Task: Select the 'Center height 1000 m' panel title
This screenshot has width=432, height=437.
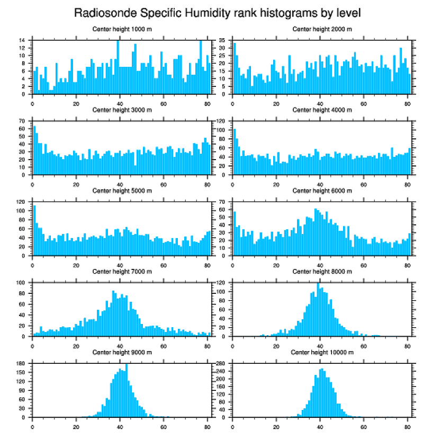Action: click(x=122, y=29)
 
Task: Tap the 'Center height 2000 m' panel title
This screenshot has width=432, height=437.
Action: click(x=322, y=29)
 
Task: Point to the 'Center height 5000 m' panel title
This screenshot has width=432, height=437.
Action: click(x=122, y=191)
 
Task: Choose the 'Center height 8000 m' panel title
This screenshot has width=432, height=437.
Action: click(x=322, y=272)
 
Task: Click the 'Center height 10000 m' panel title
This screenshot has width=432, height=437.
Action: click(x=322, y=352)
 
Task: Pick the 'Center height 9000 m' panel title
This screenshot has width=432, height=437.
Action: click(x=122, y=352)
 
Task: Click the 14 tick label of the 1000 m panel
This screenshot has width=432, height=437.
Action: click(x=22, y=40)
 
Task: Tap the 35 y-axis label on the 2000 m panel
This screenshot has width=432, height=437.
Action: click(x=222, y=40)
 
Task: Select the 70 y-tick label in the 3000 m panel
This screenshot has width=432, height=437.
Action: click(x=22, y=121)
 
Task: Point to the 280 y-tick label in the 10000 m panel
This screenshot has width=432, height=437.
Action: click(x=221, y=363)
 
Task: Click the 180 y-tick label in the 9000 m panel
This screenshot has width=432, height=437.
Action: click(x=21, y=363)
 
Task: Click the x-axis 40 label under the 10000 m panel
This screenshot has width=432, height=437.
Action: click(x=320, y=425)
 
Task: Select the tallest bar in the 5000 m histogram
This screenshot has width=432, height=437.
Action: click(x=34, y=230)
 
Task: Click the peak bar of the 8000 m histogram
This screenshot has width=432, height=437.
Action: click(x=318, y=310)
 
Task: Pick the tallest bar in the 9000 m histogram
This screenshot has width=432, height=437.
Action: click(x=127, y=391)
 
